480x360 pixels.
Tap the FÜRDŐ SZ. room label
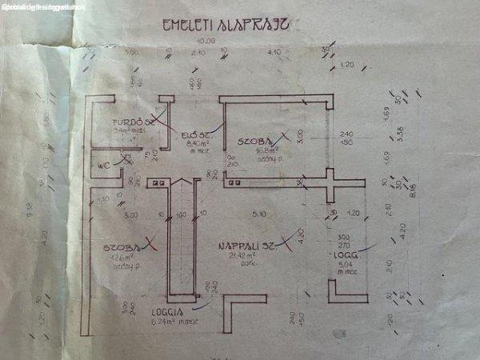click(134, 122)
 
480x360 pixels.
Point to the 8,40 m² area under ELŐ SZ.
click(196, 144)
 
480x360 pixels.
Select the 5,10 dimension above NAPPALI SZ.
click(258, 214)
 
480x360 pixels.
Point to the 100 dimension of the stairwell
click(180, 214)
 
